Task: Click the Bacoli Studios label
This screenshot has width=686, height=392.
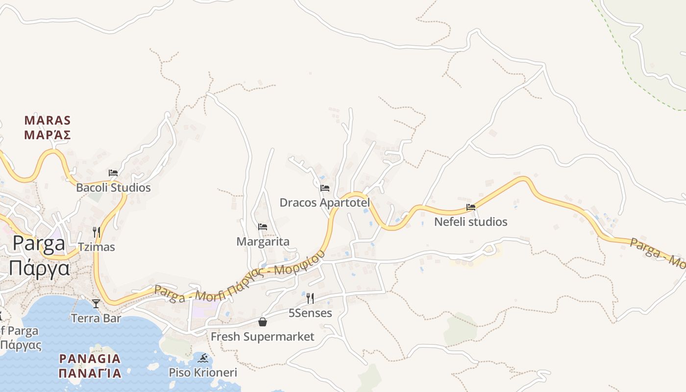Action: [x=113, y=188]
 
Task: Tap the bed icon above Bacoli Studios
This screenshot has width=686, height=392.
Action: [x=113, y=173]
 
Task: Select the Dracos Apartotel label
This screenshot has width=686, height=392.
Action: [x=324, y=202]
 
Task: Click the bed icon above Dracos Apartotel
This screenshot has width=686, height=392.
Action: [x=324, y=188]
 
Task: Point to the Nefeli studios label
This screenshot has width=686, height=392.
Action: [x=470, y=222]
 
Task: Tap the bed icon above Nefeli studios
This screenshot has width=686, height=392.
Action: [x=471, y=207]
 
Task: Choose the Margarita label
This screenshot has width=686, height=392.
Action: [x=263, y=242]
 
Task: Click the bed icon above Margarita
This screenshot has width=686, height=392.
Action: [x=263, y=227]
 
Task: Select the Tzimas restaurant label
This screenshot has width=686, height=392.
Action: [x=96, y=246]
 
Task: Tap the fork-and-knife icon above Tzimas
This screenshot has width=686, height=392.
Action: [x=97, y=232]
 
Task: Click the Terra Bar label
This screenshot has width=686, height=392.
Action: [x=96, y=318]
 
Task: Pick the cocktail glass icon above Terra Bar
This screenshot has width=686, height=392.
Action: [x=96, y=304]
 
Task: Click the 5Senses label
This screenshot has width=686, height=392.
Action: [x=310, y=313]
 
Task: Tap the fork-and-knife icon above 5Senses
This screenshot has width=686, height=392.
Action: [x=310, y=298]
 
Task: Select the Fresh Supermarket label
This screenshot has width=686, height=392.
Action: [x=263, y=337]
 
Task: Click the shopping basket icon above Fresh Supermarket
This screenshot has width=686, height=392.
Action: [x=263, y=322]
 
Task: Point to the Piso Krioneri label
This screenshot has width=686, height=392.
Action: [x=203, y=372]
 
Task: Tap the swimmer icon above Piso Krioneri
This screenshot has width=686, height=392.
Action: [x=203, y=358]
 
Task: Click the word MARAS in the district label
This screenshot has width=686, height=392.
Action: [x=48, y=120]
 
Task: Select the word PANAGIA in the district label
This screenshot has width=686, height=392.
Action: [x=90, y=359]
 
